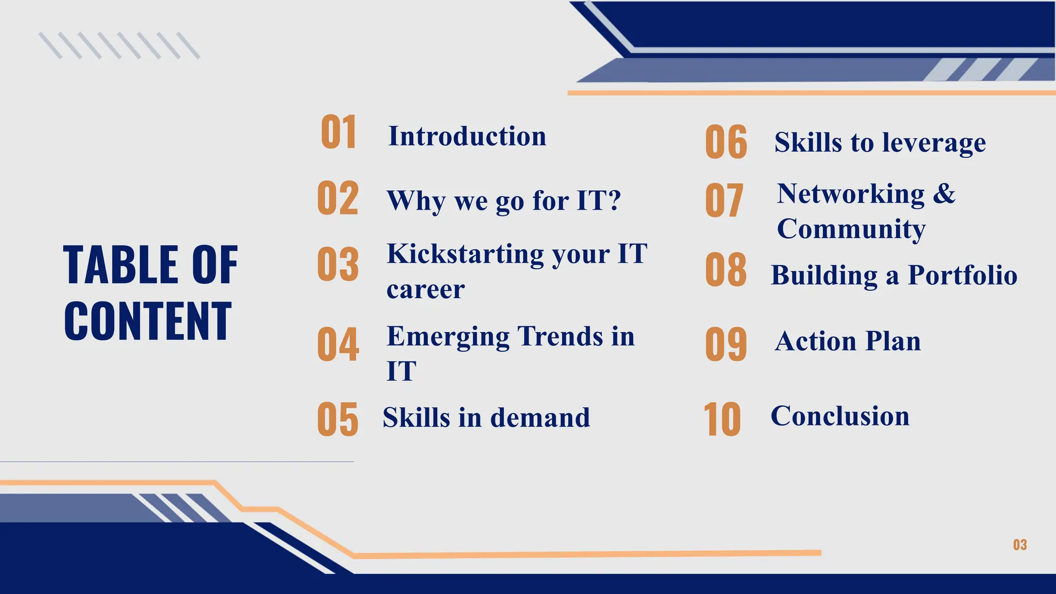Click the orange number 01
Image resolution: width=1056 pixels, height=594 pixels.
338,133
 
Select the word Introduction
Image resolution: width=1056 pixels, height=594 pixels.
467,137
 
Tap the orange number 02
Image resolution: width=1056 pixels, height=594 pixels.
338,199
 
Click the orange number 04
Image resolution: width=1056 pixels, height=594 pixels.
338,344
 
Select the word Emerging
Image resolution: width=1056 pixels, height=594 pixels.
448,337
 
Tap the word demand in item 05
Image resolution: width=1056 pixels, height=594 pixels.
540,418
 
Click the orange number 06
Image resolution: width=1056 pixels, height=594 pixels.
726,142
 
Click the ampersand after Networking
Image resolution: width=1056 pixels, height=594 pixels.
944,194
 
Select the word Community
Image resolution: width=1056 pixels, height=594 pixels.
851,229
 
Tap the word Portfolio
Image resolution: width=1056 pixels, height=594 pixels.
962,275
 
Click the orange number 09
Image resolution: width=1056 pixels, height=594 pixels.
726,344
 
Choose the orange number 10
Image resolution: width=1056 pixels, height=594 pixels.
722,420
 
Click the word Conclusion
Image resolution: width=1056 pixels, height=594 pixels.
840,416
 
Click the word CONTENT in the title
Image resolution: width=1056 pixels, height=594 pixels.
148,322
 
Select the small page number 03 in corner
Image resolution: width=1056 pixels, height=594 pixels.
1019,545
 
